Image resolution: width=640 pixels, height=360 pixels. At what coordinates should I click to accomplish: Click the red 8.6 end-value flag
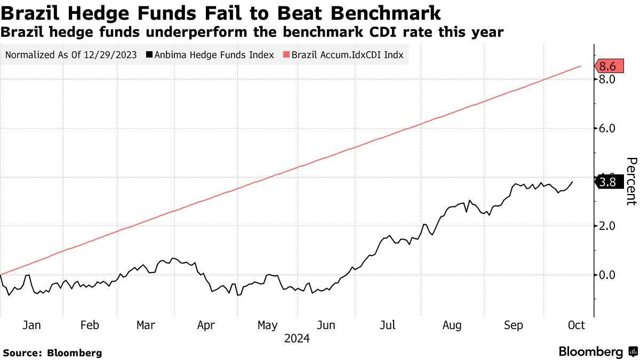(609, 66)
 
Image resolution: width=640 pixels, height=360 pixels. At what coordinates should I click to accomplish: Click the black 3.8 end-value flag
(609, 182)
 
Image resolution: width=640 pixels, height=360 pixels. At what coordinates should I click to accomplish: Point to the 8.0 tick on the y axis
(607, 79)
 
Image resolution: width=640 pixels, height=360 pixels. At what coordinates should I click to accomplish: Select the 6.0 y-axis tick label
(607, 129)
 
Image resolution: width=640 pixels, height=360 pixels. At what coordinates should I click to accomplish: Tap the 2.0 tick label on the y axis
(607, 226)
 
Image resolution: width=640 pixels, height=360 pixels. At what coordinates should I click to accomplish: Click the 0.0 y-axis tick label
(607, 275)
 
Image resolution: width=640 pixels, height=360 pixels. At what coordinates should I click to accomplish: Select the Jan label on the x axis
(31, 325)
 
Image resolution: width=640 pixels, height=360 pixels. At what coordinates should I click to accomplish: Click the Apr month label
(206, 325)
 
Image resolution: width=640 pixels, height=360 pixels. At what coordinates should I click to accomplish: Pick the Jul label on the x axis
(387, 325)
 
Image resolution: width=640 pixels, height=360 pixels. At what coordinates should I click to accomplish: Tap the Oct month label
(577, 325)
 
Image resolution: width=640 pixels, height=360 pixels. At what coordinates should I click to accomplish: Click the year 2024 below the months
(297, 339)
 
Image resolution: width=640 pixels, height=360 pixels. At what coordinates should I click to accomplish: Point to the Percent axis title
(631, 181)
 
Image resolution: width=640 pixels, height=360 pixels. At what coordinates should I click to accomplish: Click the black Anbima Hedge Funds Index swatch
(149, 54)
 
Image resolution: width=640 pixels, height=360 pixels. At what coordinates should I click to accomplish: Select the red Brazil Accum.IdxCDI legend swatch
(286, 54)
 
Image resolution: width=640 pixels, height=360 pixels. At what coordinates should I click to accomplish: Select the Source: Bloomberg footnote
(53, 353)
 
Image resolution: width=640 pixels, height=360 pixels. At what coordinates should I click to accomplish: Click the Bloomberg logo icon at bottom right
(633, 351)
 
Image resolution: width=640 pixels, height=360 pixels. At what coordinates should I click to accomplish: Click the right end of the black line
(572, 181)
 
